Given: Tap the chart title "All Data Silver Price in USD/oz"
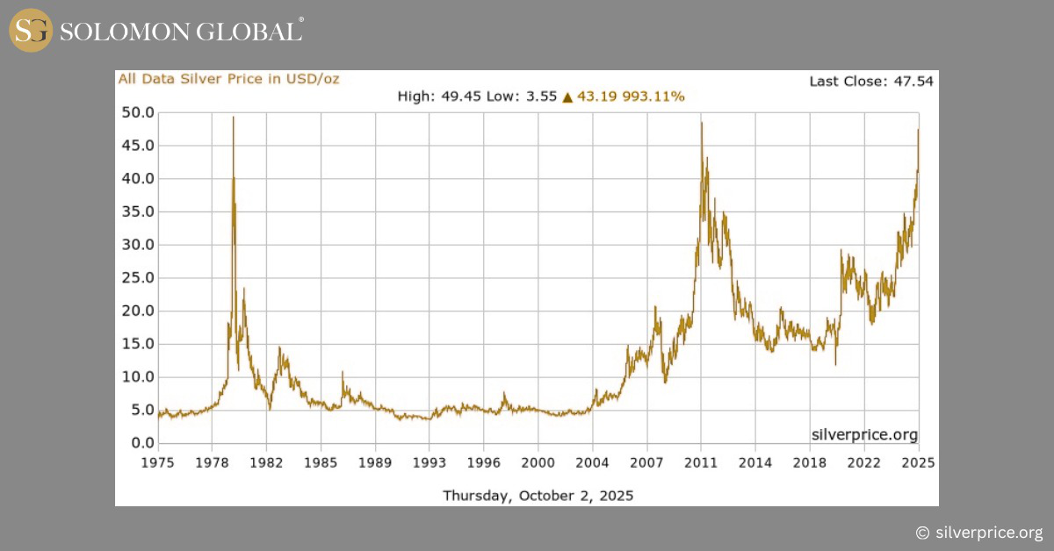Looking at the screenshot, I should (228, 79).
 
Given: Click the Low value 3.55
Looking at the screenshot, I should (542, 97).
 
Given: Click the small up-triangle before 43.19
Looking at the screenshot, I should (567, 97).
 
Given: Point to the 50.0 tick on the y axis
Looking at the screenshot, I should (137, 112).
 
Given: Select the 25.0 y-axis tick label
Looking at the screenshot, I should (137, 278).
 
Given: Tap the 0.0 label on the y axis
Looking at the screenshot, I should (141, 443).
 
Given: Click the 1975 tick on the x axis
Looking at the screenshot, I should (158, 462).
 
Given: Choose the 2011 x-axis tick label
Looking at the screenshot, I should (701, 462).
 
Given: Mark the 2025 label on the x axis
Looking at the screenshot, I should (919, 462).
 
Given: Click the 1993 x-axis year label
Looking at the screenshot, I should (430, 462).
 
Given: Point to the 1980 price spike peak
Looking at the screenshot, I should (233, 117).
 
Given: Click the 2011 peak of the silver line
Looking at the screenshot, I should (701, 123).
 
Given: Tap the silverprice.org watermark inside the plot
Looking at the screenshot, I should (863, 434).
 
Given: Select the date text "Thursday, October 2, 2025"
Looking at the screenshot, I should (538, 496).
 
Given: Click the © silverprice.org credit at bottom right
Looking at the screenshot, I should (978, 533).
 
